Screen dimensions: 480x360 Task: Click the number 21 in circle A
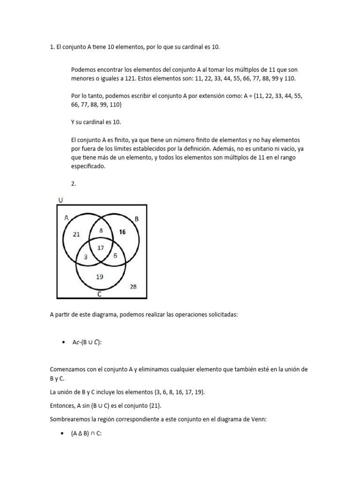coord(77,234)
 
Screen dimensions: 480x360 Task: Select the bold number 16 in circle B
coord(122,232)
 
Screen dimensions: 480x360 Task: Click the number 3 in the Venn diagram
coord(86,256)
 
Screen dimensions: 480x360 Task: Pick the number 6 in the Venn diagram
coord(115,256)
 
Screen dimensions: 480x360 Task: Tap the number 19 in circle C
coord(99,277)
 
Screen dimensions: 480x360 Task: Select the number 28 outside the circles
coord(133,286)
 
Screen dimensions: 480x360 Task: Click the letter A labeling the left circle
coord(66,217)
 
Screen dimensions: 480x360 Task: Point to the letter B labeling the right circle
coord(136,219)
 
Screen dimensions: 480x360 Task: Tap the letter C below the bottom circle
coord(99,295)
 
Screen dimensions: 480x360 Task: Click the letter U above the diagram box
coord(60,200)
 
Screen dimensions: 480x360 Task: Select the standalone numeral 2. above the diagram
coord(74,184)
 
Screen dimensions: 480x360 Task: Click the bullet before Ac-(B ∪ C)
coord(63,343)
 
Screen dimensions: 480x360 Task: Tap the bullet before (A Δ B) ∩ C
coord(63,434)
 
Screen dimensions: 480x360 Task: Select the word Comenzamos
coord(67,369)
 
